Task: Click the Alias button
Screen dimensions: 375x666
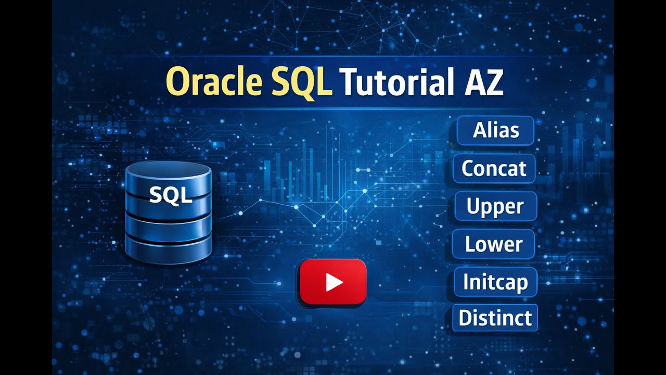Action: [x=495, y=130]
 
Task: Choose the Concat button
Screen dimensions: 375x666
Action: [x=494, y=168]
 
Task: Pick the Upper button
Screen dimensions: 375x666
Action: [x=495, y=206]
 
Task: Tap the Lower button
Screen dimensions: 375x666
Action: [x=494, y=244]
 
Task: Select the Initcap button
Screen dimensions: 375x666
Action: [x=495, y=282]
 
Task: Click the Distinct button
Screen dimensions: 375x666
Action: [x=495, y=318]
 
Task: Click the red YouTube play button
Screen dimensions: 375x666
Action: [x=333, y=282]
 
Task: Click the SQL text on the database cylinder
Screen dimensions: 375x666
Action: [x=171, y=196]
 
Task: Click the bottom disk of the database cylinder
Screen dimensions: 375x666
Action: [x=169, y=249]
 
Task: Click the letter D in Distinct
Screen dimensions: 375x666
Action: [x=466, y=318]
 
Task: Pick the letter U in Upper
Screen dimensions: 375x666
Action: [x=473, y=206]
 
